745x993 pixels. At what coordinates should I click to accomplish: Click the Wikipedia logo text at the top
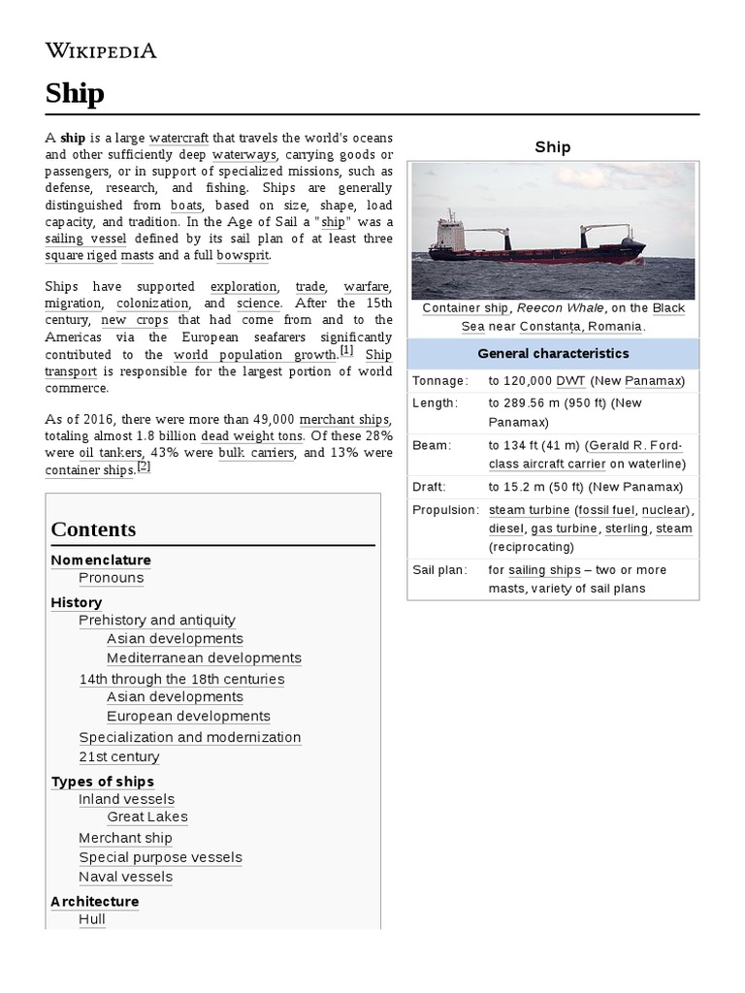pyautogui.click(x=101, y=50)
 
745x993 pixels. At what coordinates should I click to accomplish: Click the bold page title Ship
pyautogui.click(x=75, y=93)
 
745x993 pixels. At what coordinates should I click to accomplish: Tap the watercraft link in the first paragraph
pyautogui.click(x=178, y=138)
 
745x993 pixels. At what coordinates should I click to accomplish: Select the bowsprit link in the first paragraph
pyautogui.click(x=243, y=255)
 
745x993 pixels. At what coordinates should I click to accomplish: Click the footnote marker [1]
pyautogui.click(x=346, y=351)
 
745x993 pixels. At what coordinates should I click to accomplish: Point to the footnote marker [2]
pyautogui.click(x=144, y=466)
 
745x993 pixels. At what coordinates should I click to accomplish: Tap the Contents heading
pyautogui.click(x=93, y=529)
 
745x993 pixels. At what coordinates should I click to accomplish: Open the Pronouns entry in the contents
pyautogui.click(x=111, y=578)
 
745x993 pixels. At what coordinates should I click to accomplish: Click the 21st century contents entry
pyautogui.click(x=118, y=757)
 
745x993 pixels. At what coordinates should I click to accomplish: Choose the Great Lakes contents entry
pyautogui.click(x=147, y=817)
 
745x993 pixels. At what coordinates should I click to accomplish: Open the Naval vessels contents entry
pyautogui.click(x=125, y=878)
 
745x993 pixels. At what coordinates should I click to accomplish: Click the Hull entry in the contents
pyautogui.click(x=91, y=918)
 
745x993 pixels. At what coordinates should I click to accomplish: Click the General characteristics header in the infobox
pyautogui.click(x=553, y=354)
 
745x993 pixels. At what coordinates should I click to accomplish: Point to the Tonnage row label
pyautogui.click(x=439, y=381)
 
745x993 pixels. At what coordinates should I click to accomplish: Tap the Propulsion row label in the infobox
pyautogui.click(x=445, y=510)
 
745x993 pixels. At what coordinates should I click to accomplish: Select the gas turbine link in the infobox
pyautogui.click(x=564, y=529)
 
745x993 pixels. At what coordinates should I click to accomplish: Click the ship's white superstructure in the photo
pyautogui.click(x=450, y=234)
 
